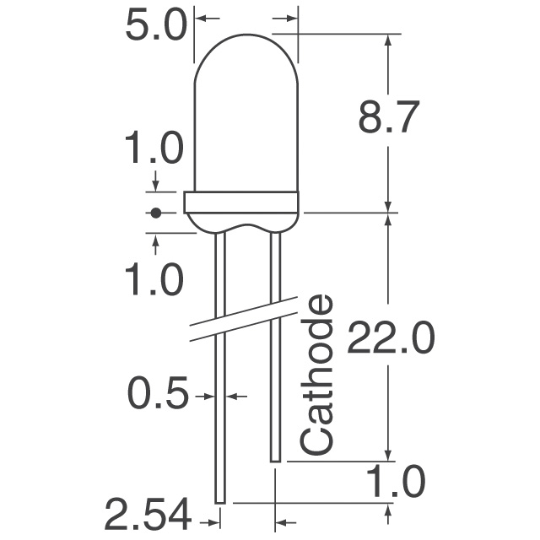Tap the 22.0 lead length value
pos(391,340)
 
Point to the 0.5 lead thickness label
pos(158,394)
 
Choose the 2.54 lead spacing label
pos(147,512)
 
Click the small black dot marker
pos(155,213)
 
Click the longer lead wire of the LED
pos(220,380)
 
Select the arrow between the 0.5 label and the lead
pos(205,394)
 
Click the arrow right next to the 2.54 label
pos(206,511)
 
